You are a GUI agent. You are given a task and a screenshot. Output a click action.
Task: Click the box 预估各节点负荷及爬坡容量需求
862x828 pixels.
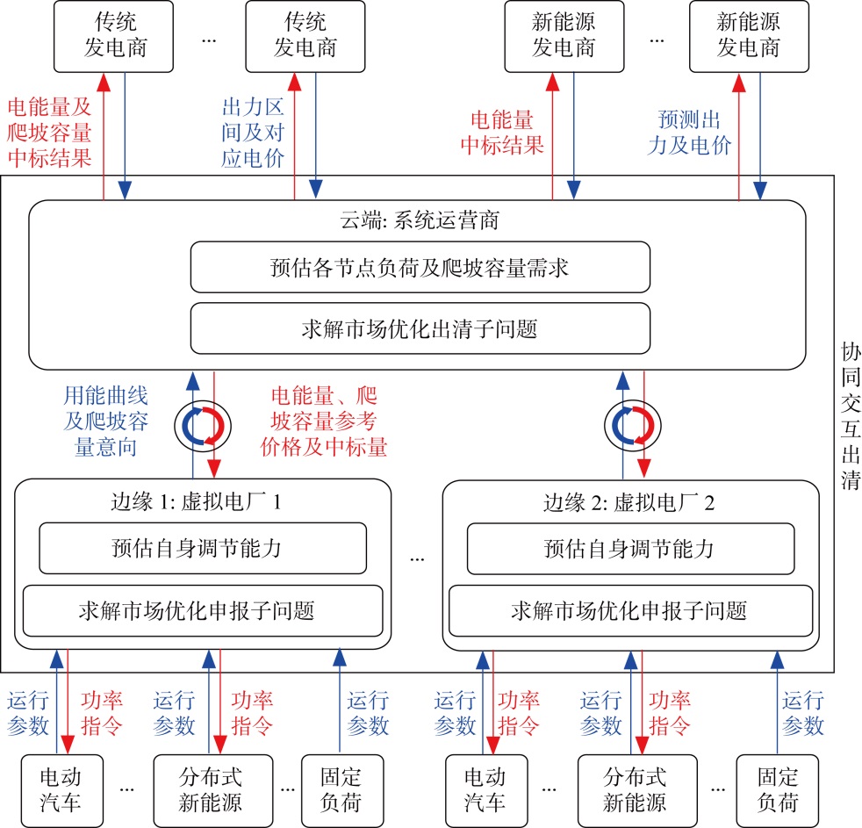(420, 267)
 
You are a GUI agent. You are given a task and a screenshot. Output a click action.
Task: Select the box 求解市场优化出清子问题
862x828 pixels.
(420, 329)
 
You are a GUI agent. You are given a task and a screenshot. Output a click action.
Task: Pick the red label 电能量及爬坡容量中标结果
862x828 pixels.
(49, 133)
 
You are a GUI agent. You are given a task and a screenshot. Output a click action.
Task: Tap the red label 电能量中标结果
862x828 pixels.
(507, 133)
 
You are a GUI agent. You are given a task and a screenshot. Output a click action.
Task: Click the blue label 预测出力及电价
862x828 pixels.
(694, 133)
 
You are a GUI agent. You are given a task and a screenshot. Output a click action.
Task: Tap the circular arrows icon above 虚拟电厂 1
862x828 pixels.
(202, 425)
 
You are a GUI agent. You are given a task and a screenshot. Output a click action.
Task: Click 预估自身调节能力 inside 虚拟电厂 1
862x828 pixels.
(203, 549)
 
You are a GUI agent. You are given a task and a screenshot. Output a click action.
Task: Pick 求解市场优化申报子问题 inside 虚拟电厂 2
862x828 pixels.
(629, 609)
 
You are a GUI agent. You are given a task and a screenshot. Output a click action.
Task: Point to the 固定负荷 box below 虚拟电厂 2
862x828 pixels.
(777, 789)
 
